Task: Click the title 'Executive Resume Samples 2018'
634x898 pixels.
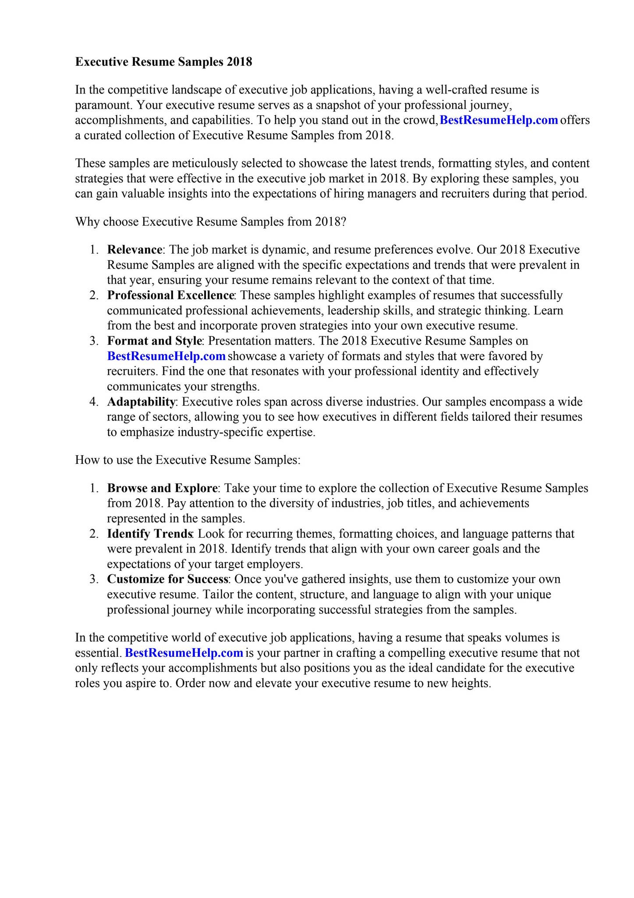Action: coord(163,62)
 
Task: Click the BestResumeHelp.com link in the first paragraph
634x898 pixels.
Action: coord(499,120)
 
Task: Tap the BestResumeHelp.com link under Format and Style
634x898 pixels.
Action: coord(166,356)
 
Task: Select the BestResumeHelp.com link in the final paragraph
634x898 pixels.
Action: coord(184,653)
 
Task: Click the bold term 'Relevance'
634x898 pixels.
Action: coord(135,250)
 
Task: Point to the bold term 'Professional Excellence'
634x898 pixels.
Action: coord(170,296)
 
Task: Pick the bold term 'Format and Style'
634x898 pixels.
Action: coord(154,341)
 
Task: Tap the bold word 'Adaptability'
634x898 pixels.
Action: coord(141,402)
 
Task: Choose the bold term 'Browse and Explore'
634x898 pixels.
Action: coord(162,488)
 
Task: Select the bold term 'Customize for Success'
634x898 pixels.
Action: coord(168,579)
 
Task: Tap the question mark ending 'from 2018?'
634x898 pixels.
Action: coord(344,222)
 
